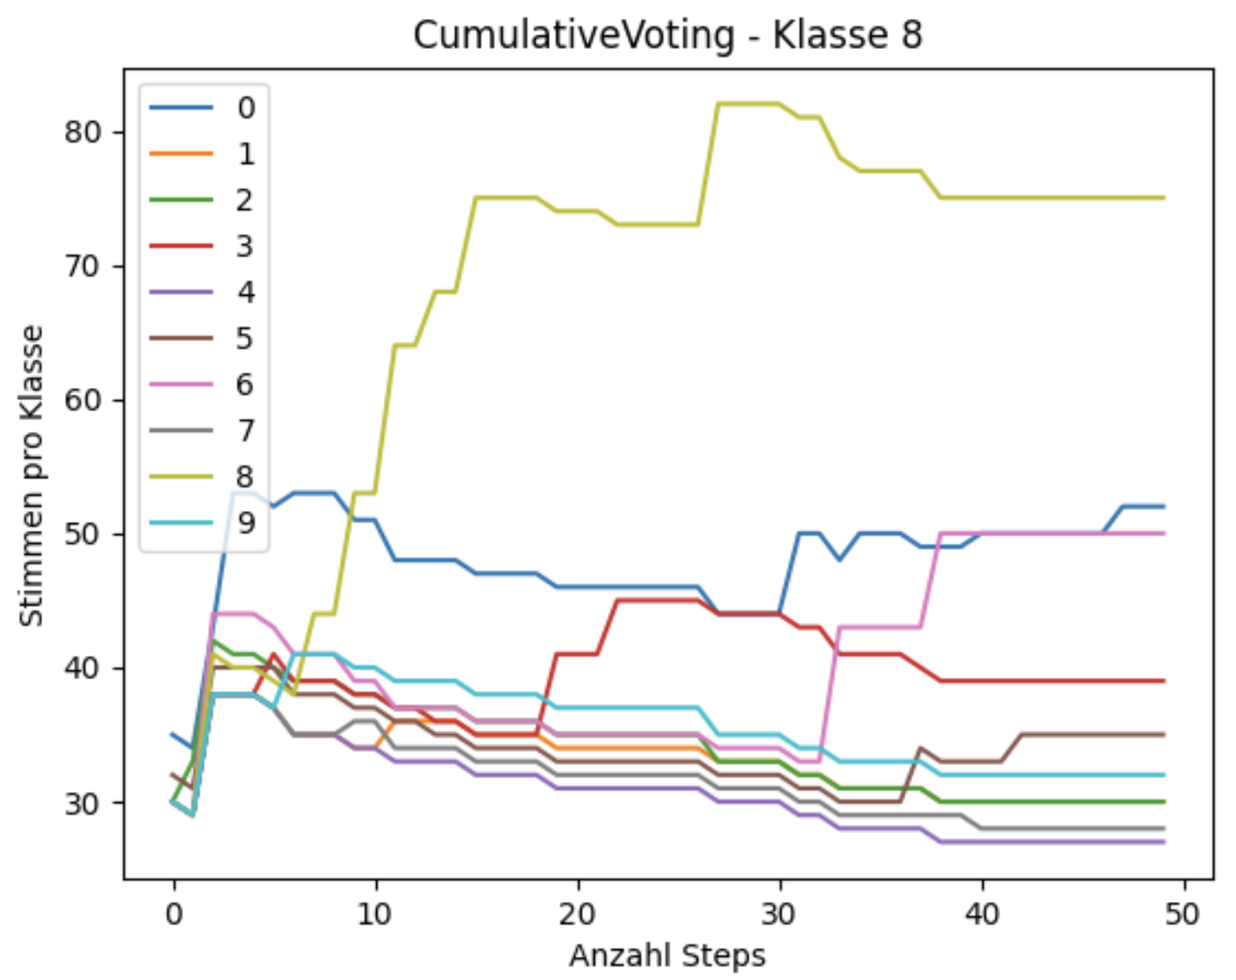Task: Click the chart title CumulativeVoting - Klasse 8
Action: coord(667,36)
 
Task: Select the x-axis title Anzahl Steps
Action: coord(667,955)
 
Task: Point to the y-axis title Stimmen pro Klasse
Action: coord(32,475)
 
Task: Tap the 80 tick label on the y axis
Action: coord(82,133)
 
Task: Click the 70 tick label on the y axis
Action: coord(82,267)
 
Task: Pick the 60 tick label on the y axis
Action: coord(82,400)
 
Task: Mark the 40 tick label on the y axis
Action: coord(82,669)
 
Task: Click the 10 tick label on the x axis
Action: coord(375,914)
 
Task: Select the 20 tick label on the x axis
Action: coord(577,914)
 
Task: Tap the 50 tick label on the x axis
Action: coord(1183,914)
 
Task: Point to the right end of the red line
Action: coord(1164,681)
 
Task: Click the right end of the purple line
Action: coord(1164,842)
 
